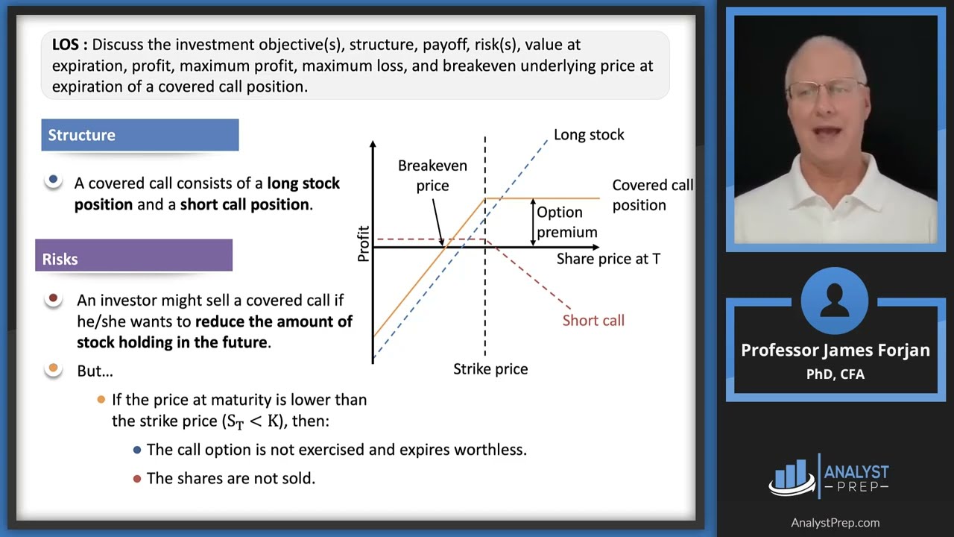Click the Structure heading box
139,135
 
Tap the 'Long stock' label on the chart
588,135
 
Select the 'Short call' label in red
593,321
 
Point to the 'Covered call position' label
652,195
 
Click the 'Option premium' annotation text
566,222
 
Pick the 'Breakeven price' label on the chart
432,175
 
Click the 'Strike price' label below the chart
490,369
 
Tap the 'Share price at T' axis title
608,259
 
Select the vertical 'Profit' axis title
364,243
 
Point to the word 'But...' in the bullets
95,371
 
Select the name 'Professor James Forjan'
835,351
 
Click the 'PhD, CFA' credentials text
835,374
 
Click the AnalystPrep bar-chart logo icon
792,477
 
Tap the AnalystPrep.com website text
835,523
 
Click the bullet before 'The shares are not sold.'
136,479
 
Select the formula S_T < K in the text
253,421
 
